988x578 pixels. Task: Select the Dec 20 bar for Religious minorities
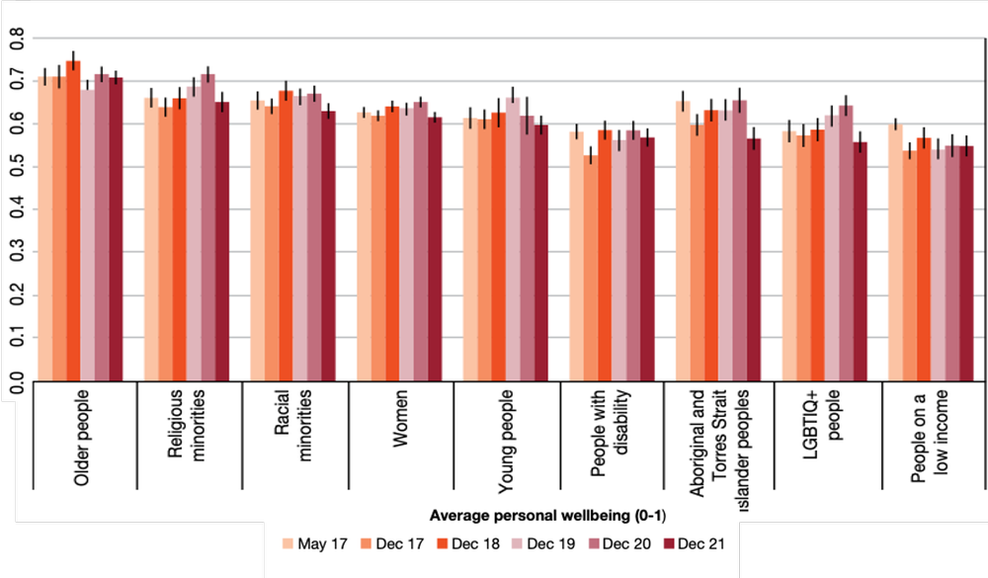[x=207, y=227]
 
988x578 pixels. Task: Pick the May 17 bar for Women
[x=364, y=246]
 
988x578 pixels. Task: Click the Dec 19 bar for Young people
[x=512, y=238]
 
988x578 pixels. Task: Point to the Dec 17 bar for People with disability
[x=590, y=267]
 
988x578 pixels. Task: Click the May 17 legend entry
[x=311, y=542]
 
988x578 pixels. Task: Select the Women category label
[x=400, y=425]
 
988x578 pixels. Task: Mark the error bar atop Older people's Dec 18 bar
[x=73, y=59]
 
